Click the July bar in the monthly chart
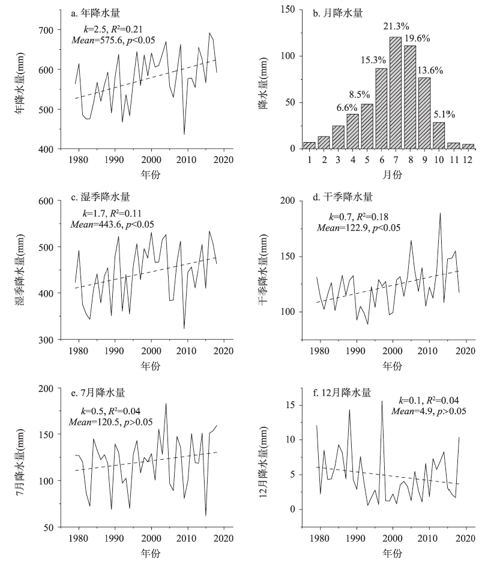coord(395,93)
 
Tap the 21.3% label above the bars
coord(396,26)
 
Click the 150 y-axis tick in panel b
coord(291,10)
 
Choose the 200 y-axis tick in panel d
coord(291,201)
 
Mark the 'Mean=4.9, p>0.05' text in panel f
coord(429,411)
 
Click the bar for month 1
coord(309,145)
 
